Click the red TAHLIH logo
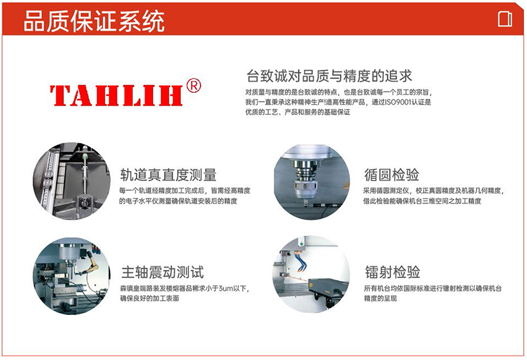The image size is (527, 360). point(116,95)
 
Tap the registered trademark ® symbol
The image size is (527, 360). point(194,86)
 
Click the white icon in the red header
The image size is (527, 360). point(505,19)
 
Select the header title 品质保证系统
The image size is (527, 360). point(94,21)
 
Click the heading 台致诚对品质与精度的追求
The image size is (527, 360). point(329,76)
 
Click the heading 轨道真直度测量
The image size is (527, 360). point(168,175)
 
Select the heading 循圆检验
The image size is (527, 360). point(391,175)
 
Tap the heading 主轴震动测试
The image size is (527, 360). point(162,272)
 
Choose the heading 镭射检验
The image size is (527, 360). point(392,272)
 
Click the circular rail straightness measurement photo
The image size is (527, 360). point(72,181)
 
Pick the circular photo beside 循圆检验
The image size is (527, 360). point(311,182)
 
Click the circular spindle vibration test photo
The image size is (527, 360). point(72,276)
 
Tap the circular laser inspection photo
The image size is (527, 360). point(311,274)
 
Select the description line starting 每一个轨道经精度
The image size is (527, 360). point(185,191)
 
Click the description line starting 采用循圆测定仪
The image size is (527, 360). point(433,191)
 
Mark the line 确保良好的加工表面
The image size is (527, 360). point(150,298)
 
